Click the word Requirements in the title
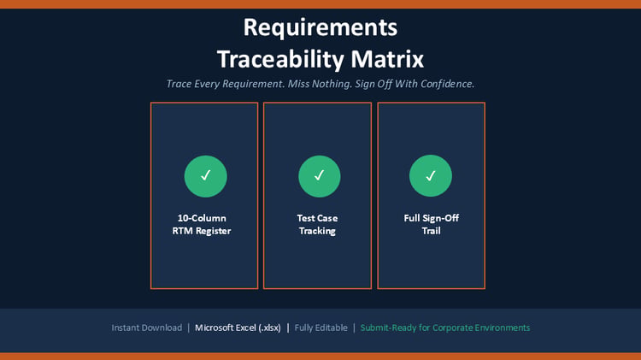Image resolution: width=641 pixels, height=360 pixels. click(320, 28)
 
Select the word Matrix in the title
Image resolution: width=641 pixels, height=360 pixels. click(387, 59)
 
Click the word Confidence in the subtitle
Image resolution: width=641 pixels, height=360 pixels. click(447, 84)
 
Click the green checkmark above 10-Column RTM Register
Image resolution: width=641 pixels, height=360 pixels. click(206, 176)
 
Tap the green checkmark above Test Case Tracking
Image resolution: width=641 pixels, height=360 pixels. click(320, 176)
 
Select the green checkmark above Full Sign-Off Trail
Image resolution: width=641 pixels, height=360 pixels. click(431, 176)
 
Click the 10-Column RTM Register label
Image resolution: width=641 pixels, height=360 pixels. click(202, 224)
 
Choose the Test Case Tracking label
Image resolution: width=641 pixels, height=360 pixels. click(317, 224)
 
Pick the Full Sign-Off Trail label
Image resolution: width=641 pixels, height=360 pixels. click(432, 224)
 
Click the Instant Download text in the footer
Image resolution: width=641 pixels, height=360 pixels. click(147, 328)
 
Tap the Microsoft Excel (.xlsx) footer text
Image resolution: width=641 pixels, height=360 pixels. click(238, 328)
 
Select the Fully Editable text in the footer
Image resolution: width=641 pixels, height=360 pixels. click(320, 328)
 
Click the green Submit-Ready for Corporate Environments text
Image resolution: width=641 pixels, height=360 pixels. click(445, 328)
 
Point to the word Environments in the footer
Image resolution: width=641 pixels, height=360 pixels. click(502, 328)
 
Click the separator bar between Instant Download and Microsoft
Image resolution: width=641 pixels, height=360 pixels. click(189, 328)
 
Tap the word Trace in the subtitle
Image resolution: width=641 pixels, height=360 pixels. click(179, 84)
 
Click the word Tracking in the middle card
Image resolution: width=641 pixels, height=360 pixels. click(317, 231)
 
